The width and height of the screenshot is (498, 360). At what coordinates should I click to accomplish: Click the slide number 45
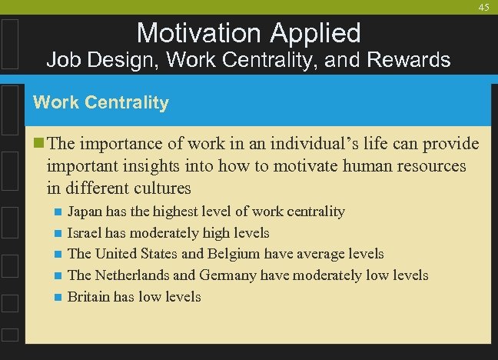(483, 7)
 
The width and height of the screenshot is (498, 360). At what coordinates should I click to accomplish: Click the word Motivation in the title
(199, 32)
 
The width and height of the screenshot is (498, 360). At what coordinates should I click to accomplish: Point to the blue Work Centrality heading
(101, 102)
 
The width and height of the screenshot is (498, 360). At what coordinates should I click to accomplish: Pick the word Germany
(228, 275)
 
